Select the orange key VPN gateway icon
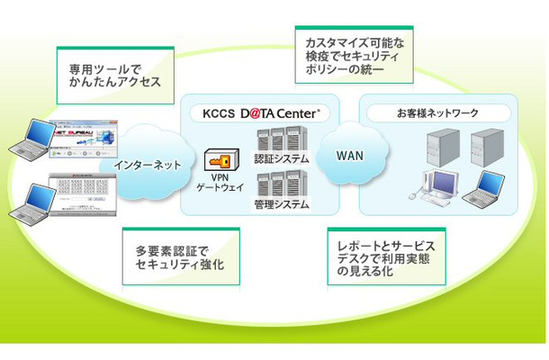click(x=220, y=160)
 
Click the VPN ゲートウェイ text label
click(x=219, y=185)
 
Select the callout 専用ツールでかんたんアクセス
click(x=114, y=75)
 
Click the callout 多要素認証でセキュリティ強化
click(x=180, y=256)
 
